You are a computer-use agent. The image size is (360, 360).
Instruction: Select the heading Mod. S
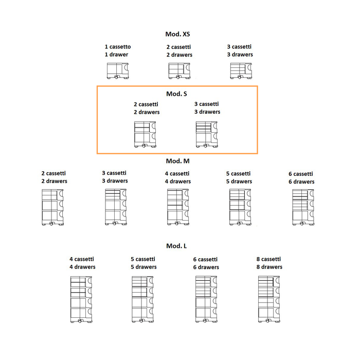[176, 94]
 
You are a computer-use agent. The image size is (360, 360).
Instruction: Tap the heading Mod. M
[177, 161]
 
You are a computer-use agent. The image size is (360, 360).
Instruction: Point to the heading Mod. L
[176, 246]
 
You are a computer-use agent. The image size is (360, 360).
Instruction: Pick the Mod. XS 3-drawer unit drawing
[240, 70]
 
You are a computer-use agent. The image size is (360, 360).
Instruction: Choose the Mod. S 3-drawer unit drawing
[207, 135]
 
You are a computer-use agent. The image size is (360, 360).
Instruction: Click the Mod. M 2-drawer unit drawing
[53, 207]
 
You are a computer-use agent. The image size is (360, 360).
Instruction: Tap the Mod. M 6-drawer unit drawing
[303, 207]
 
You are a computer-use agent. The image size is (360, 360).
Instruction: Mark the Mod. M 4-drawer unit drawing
[178, 207]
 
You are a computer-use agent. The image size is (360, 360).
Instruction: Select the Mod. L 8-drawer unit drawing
[269, 299]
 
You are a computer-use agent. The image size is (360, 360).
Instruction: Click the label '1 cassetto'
[117, 47]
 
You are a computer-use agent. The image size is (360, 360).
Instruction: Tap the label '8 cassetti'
[268, 259]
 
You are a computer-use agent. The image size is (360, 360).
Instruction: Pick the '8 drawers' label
[269, 267]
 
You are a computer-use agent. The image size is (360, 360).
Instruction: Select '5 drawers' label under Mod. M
[240, 181]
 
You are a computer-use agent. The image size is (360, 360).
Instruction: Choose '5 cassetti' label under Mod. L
[143, 259]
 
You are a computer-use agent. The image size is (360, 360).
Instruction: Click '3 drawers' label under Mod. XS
[240, 55]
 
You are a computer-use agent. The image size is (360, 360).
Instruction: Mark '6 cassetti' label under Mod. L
[206, 259]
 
